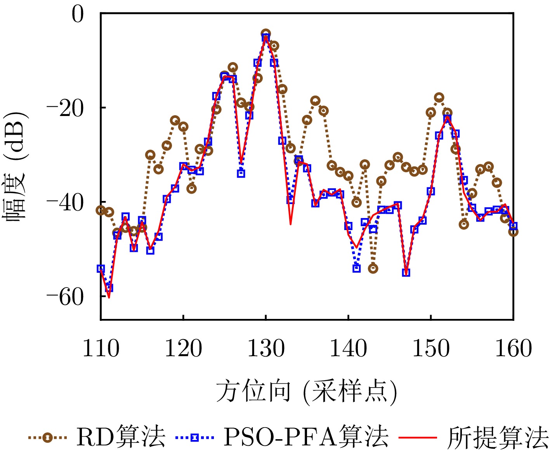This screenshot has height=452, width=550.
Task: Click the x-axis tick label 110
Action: [101, 348]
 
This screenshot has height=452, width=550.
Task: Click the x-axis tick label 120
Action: [183, 348]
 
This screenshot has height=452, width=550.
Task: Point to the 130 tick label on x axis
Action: [266, 348]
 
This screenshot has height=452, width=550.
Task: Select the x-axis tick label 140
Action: [348, 348]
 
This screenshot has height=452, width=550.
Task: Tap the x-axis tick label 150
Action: [431, 348]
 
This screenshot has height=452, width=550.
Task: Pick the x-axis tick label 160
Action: [513, 348]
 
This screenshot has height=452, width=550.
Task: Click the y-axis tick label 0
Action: [78, 15]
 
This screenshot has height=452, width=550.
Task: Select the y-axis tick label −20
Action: [65, 108]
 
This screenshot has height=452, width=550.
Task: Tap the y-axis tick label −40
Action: [65, 203]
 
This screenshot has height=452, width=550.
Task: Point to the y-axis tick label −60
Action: [65, 297]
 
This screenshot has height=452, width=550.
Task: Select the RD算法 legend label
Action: [121, 437]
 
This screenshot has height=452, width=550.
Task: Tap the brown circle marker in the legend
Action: [47, 438]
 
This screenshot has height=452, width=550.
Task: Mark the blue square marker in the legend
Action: [194, 438]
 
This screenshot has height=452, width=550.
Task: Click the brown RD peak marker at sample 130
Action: [265, 33]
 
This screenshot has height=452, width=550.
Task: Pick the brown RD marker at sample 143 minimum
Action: [373, 268]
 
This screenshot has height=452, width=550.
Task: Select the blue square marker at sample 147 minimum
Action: [406, 272]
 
